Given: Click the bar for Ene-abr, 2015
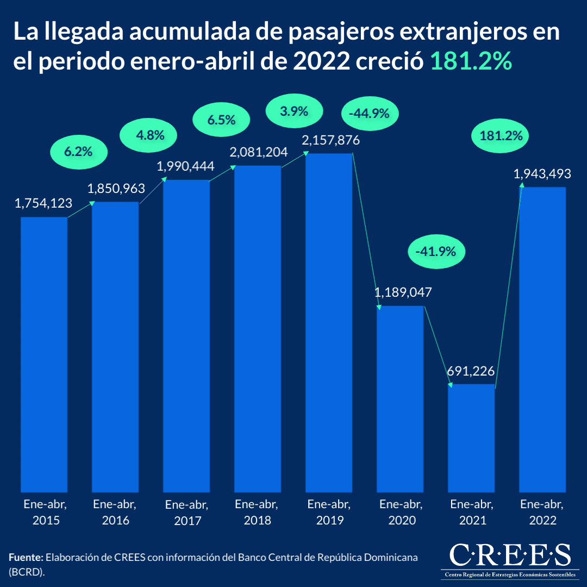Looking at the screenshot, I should (44, 353).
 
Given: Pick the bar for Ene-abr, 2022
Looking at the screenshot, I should (542, 337).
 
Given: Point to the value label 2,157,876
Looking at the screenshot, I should (330, 140).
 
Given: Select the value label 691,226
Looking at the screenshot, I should (471, 371).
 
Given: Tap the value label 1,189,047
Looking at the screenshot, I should (403, 292).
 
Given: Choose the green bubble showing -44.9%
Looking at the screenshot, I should (370, 114).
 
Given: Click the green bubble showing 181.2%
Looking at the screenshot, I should (501, 135).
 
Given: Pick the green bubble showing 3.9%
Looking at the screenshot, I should (294, 111).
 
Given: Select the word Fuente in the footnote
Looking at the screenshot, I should (26, 558).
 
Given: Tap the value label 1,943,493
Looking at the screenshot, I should (542, 174).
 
